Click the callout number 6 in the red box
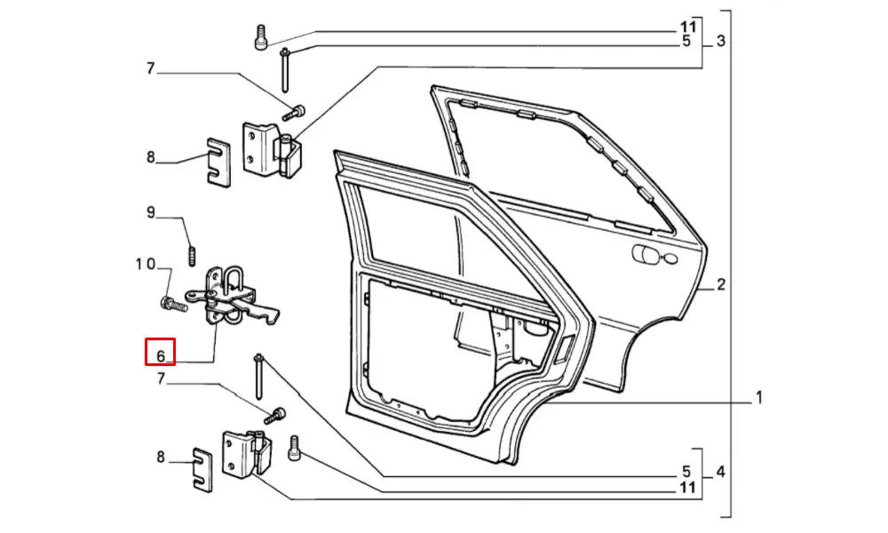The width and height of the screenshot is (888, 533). [161, 355]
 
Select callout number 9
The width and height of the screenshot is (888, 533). [151, 212]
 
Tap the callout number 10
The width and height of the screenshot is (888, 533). [146, 265]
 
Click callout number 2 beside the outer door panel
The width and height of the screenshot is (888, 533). [721, 285]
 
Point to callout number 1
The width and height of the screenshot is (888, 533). [759, 397]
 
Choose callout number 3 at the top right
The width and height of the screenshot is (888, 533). [720, 41]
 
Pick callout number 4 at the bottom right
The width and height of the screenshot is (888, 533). [720, 473]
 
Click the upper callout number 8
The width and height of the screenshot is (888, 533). [151, 158]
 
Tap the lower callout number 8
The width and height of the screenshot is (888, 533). [161, 457]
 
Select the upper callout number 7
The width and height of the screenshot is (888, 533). [151, 68]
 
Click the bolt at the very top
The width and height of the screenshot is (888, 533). [261, 38]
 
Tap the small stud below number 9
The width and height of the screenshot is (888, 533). [192, 257]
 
